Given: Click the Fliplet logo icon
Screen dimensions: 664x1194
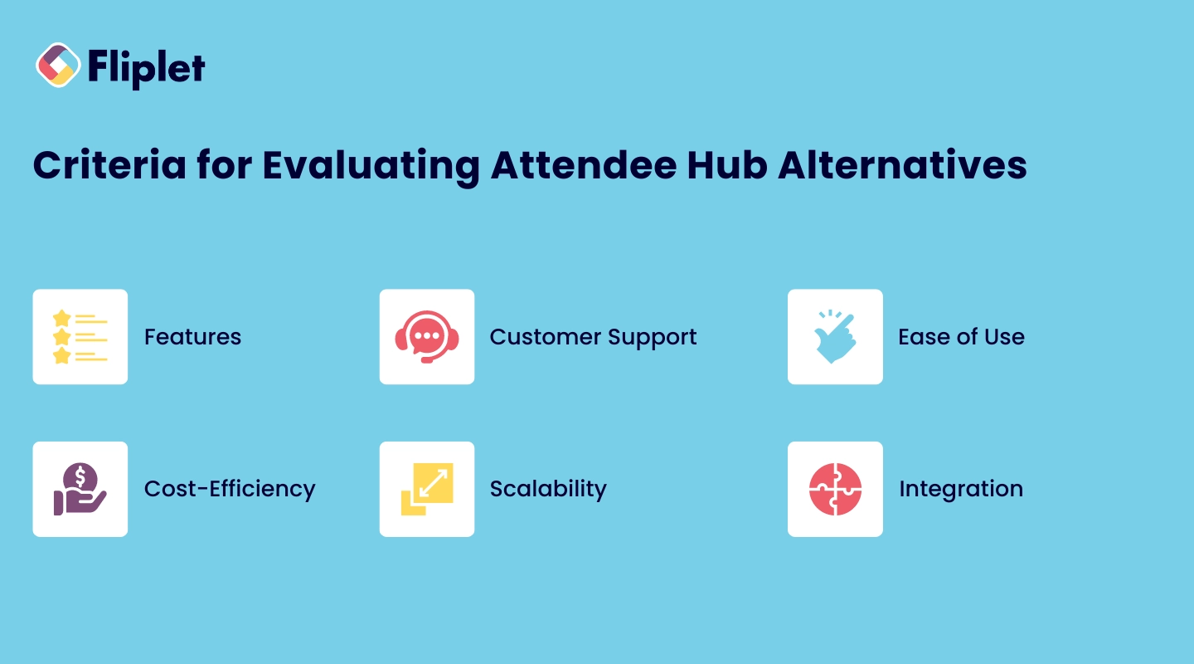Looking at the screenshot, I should [58, 66].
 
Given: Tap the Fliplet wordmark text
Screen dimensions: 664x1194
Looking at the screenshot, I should [146, 67].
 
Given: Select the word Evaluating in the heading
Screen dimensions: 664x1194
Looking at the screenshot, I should [371, 165].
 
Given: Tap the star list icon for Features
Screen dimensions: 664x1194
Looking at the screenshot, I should [80, 337].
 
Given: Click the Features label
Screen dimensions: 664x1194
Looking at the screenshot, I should [192, 337].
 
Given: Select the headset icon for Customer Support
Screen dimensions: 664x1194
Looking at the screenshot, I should [427, 337].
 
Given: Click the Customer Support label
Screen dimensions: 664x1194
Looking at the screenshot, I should [593, 337].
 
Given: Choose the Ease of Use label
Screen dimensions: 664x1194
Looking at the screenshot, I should [961, 337].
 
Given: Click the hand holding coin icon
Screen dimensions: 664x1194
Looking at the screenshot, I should [80, 489].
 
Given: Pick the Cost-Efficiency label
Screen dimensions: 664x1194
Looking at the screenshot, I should [230, 489].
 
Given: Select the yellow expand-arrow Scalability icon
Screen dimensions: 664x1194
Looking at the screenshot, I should [427, 489].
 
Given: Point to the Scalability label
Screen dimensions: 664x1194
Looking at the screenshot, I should [548, 489].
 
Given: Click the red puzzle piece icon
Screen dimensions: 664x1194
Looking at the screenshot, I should [835, 489].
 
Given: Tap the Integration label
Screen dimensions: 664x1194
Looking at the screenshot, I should [960, 489].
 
